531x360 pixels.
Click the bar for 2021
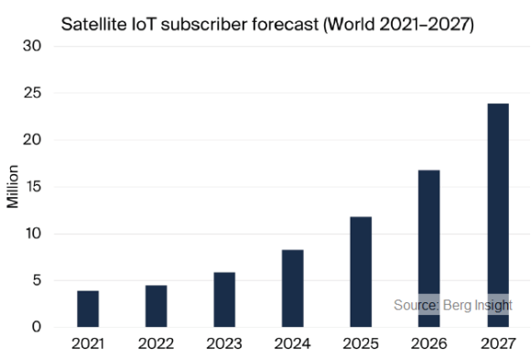[88, 309]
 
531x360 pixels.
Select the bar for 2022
[156, 306]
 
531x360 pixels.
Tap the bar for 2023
[224, 300]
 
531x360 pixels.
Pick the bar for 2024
[292, 289]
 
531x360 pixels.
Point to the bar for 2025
[361, 272]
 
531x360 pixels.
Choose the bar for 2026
[428, 248]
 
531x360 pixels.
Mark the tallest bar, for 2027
[497, 215]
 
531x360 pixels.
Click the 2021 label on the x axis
[88, 344]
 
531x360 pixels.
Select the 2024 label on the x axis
[292, 344]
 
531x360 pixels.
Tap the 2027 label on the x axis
[497, 344]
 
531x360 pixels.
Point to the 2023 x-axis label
[224, 344]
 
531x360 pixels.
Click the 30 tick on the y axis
[33, 47]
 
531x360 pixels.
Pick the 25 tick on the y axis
[33, 93]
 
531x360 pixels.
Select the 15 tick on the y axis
[33, 187]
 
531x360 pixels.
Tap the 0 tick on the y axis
[38, 327]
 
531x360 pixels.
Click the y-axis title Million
[13, 187]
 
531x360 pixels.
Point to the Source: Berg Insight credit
[452, 305]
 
